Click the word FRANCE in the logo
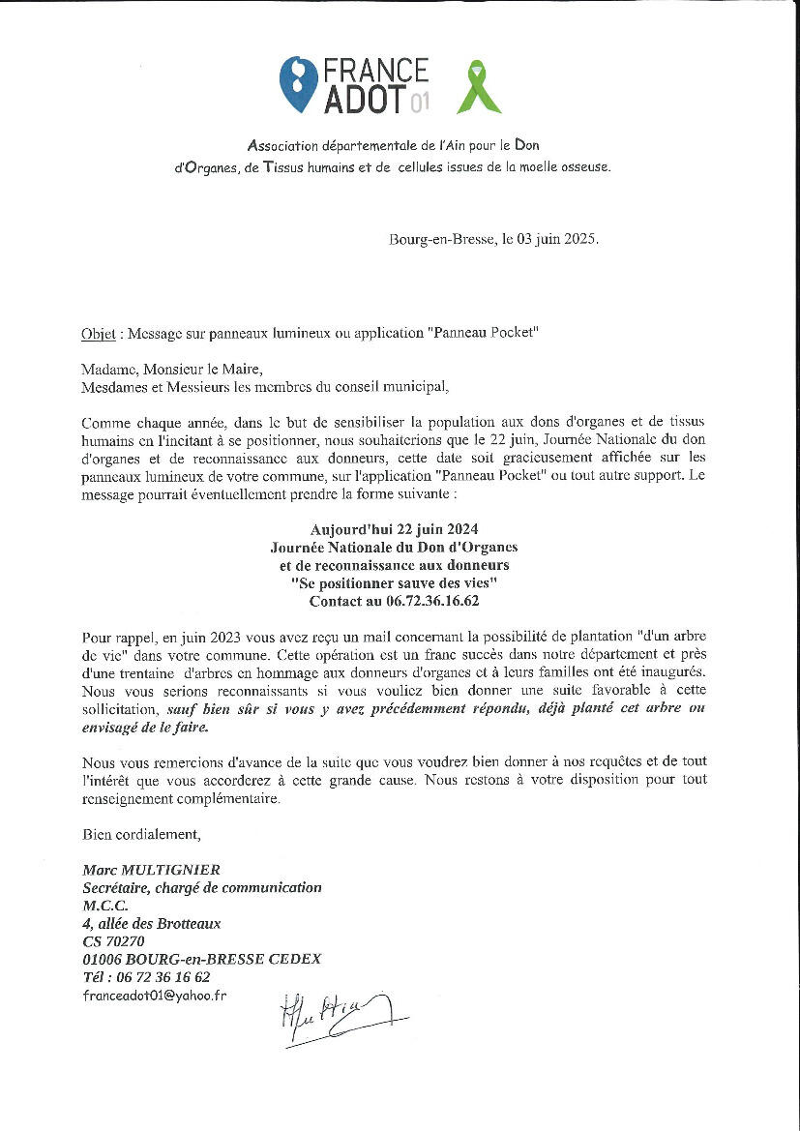[x=376, y=71]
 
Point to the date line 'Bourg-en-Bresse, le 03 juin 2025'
[x=493, y=239]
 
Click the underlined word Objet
[x=99, y=333]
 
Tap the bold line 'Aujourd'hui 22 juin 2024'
[x=394, y=530]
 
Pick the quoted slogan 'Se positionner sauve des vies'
[x=394, y=583]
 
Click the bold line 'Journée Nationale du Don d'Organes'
[x=394, y=548]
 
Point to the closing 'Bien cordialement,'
[x=141, y=834]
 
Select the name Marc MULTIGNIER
[x=152, y=870]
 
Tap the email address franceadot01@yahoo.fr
[x=155, y=995]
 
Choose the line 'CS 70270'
[x=114, y=940]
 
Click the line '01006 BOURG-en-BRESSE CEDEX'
[x=202, y=959]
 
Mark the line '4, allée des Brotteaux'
[x=152, y=923]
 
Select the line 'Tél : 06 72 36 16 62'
[x=146, y=977]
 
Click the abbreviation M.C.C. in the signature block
[x=105, y=906]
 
